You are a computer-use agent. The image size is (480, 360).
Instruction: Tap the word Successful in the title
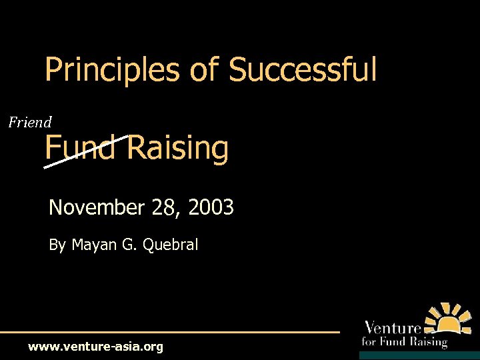coord(303,70)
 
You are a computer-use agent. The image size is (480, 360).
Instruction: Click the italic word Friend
coord(30,122)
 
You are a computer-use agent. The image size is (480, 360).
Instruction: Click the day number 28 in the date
coord(163,208)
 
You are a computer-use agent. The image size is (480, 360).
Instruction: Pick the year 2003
coord(211,208)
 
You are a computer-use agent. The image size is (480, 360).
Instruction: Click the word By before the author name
coord(57,245)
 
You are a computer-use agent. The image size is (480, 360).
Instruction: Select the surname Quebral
coord(169,245)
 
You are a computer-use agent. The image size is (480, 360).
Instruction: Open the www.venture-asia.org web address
coord(95,347)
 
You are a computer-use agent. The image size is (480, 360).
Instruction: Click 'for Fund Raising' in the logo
coord(403,341)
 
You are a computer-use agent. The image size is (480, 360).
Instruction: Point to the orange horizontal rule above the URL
coord(170,331)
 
